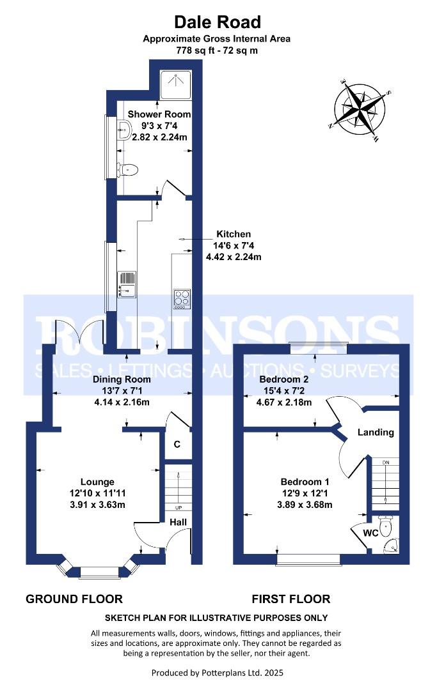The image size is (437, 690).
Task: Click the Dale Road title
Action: tap(218, 22)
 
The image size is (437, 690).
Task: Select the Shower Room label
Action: tap(159, 114)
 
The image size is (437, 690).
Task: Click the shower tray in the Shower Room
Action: tap(176, 85)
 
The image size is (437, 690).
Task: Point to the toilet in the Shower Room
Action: tap(128, 169)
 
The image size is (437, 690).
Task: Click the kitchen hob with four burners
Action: tap(182, 298)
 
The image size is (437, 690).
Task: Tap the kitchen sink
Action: tap(127, 284)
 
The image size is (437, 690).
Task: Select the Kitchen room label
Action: tap(234, 234)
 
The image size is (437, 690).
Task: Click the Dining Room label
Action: tap(122, 379)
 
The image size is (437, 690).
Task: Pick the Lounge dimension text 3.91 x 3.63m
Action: tap(97, 505)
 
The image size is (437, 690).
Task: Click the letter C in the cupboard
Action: tap(177, 445)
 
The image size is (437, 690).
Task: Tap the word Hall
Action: tap(179, 523)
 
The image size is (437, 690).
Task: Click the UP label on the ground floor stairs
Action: tap(179, 508)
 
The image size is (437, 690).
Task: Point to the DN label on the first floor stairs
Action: tap(386, 463)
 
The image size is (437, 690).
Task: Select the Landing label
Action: tap(376, 432)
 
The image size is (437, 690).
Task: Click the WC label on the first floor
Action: tap(370, 533)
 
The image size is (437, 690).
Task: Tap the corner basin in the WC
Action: tap(391, 546)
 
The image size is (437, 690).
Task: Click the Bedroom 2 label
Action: tap(283, 379)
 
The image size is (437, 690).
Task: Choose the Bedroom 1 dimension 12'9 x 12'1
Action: tap(305, 494)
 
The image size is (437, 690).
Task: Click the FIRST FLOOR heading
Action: tap(290, 599)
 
